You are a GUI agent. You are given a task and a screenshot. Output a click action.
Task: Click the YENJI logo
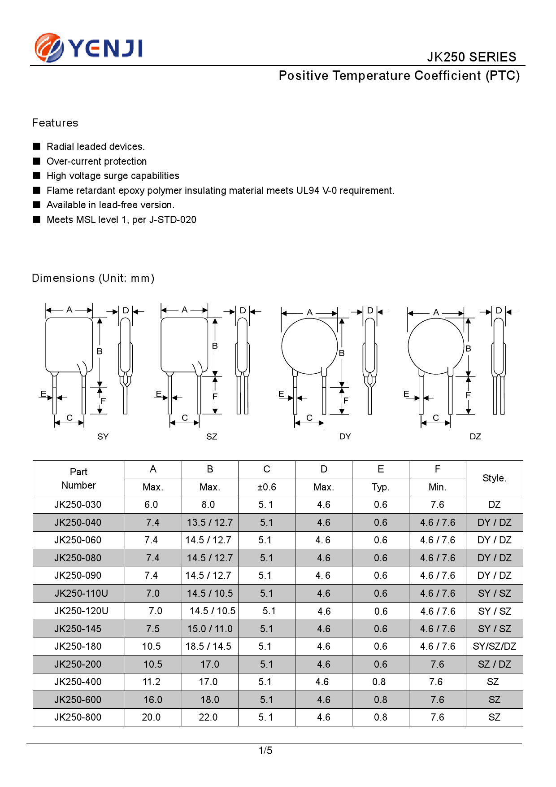click(89, 48)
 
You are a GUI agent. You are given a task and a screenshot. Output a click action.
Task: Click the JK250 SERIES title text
click(471, 57)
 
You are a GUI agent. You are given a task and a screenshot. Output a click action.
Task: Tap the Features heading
click(55, 123)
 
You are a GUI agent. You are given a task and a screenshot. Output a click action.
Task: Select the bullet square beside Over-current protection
click(37, 161)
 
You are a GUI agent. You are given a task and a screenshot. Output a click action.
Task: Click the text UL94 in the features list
click(308, 191)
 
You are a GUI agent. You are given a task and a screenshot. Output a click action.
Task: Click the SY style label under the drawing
click(103, 437)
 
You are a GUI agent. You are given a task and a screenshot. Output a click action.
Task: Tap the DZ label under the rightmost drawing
click(475, 437)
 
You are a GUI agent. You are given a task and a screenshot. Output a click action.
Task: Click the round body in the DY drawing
click(309, 346)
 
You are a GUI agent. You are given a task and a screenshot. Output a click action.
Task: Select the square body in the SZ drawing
click(184, 345)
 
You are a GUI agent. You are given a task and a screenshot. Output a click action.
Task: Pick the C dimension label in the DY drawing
click(309, 418)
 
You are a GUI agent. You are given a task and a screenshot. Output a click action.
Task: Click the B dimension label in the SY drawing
click(100, 351)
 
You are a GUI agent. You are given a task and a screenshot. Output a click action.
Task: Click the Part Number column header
click(78, 478)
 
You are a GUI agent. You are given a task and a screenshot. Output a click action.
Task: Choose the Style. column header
click(494, 478)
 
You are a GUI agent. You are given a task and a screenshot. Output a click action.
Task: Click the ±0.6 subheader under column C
click(266, 487)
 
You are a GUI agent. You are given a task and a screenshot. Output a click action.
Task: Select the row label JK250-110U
click(81, 594)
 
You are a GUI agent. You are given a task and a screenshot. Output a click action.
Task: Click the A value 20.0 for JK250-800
click(151, 717)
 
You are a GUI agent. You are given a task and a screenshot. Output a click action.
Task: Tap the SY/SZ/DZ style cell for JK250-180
click(494, 647)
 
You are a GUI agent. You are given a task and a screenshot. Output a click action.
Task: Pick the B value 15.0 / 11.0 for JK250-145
click(210, 629)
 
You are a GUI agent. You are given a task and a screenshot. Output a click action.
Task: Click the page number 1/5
click(265, 751)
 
